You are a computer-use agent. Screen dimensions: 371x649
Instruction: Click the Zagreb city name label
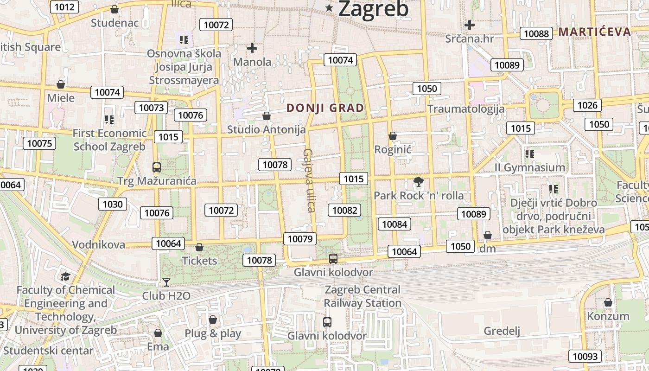(x=373, y=9)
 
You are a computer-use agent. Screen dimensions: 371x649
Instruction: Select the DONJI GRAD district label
(x=325, y=108)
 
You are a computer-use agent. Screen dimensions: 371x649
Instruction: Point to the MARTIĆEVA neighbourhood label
(x=594, y=32)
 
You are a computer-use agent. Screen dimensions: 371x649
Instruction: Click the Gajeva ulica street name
(x=309, y=180)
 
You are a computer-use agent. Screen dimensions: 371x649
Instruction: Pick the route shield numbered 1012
(x=64, y=6)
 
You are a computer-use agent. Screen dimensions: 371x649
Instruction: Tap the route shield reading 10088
(x=536, y=33)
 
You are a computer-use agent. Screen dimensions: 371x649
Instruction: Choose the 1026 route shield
(x=587, y=105)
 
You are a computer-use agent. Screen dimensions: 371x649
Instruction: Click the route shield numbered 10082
(x=344, y=210)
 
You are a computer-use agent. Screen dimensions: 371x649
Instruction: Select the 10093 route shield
(x=585, y=356)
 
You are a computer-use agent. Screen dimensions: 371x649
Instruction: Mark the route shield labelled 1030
(x=113, y=204)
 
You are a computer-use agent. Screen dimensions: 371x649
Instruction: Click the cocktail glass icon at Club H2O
(x=166, y=282)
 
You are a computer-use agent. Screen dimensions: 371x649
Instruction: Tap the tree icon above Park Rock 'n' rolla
(x=418, y=182)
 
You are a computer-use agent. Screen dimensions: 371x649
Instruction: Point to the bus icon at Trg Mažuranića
(x=157, y=167)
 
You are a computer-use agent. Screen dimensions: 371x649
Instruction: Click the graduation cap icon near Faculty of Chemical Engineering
(x=65, y=277)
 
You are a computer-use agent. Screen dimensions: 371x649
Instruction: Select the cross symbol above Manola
(x=252, y=48)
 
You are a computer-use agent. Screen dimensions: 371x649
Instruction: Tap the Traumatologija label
(x=466, y=109)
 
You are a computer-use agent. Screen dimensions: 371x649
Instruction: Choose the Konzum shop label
(x=608, y=316)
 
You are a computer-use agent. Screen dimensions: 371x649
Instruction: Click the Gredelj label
(x=502, y=331)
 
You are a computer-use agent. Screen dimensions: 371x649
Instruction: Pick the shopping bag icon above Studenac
(x=115, y=9)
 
